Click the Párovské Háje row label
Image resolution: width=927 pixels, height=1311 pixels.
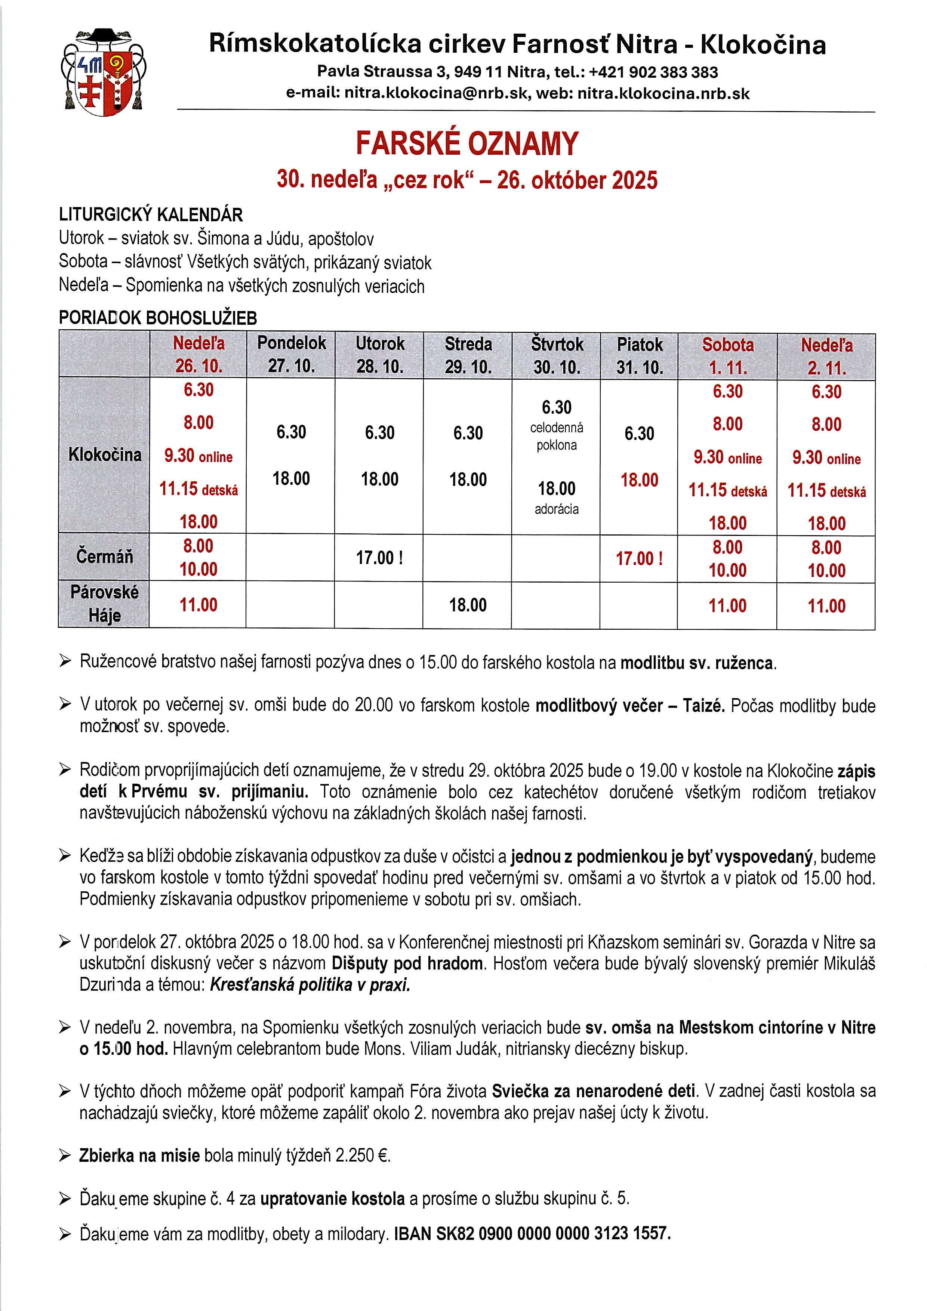click(105, 604)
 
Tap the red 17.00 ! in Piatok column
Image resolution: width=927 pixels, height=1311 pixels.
click(639, 558)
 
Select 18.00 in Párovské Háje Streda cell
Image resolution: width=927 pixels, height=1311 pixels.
click(468, 605)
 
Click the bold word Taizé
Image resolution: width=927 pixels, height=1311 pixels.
click(704, 706)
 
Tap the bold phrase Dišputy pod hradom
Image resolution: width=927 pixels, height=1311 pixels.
click(407, 963)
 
